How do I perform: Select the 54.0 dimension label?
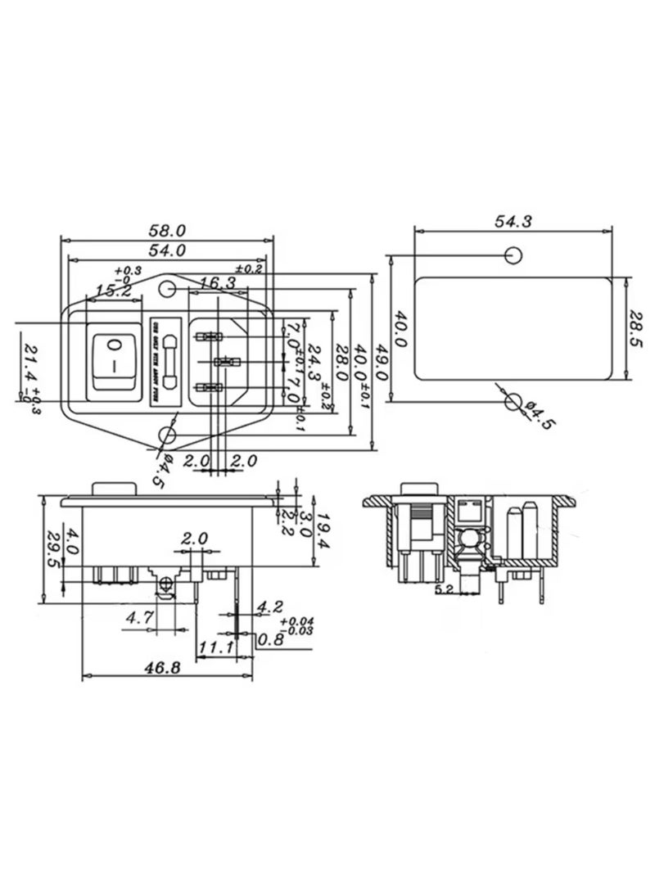(168, 250)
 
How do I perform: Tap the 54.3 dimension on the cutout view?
(513, 221)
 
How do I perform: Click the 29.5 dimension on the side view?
(51, 549)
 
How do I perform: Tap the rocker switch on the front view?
(115, 359)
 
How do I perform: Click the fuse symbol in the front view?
(169, 360)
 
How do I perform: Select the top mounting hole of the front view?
(168, 289)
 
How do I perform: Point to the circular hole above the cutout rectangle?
(513, 255)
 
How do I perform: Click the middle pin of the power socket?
(223, 362)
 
